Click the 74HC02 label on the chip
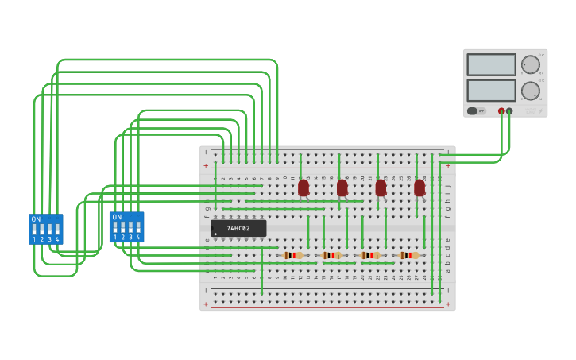tap(238, 229)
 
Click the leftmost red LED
tap(303, 188)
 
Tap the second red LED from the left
tap(342, 188)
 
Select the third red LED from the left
tap(381, 188)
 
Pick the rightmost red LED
tap(419, 188)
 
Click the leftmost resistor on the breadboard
tap(293, 255)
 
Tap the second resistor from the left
tap(331, 255)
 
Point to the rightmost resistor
tap(408, 255)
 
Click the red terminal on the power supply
tap(501, 111)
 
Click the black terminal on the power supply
tap(509, 111)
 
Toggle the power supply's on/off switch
tap(473, 111)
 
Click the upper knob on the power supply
tap(530, 64)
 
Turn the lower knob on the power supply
tap(530, 90)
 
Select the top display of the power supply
tap(492, 64)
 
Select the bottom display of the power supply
tap(492, 90)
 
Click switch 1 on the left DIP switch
tap(34, 230)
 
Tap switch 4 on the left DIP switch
tap(57, 230)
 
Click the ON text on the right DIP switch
tap(117, 217)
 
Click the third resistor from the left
tap(370, 255)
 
